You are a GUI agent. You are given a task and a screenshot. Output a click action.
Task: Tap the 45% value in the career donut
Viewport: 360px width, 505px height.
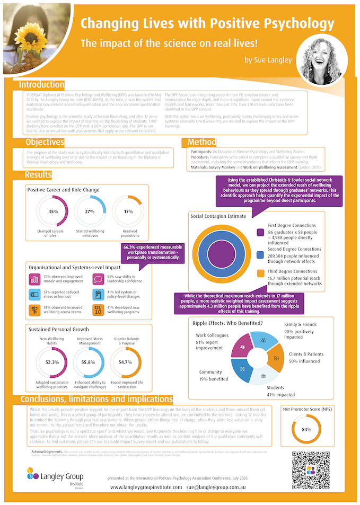tap(52, 212)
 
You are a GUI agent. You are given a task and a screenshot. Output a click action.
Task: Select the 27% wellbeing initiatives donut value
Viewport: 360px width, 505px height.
tap(90, 212)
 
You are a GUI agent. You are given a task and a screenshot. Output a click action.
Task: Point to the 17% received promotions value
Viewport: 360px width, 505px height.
tap(128, 212)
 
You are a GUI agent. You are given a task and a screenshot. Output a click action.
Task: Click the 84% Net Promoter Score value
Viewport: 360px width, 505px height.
tap(307, 429)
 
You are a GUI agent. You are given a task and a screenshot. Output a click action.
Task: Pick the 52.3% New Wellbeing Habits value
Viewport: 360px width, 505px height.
tap(52, 362)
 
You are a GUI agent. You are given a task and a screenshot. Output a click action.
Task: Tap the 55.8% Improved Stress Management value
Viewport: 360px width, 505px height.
tap(90, 362)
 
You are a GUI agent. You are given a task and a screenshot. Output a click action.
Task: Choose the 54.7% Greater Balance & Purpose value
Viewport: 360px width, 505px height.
tap(125, 362)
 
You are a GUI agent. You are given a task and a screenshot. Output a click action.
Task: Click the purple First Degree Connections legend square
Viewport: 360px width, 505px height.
tap(260, 233)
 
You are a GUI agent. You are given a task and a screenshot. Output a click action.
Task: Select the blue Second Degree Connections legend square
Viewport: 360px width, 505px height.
tap(260, 255)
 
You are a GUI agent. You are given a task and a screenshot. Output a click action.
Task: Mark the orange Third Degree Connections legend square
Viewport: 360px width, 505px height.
tap(260, 273)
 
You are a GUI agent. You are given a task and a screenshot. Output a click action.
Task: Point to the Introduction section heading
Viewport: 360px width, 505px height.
tap(41, 85)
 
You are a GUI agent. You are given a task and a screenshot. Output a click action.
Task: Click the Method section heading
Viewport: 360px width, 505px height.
tap(201, 143)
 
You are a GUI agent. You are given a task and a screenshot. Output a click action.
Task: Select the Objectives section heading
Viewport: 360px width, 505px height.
tap(45, 143)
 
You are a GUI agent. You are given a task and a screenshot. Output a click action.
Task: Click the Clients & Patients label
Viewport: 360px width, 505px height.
tap(306, 354)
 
